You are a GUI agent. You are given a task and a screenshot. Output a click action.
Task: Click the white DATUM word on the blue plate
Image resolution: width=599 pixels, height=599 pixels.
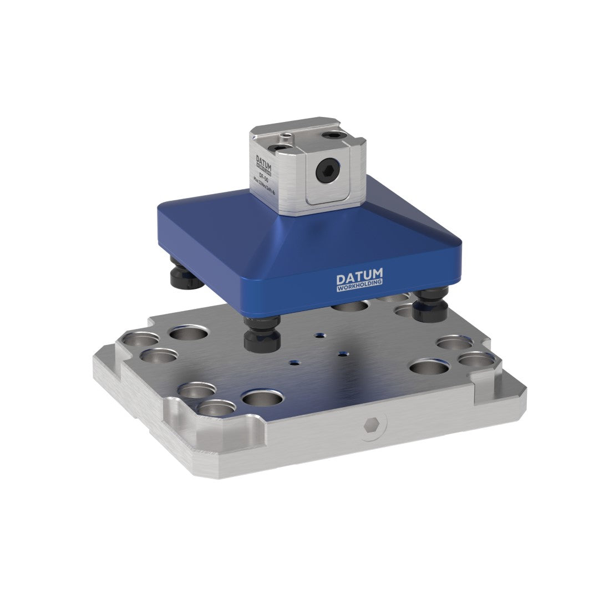[359, 277]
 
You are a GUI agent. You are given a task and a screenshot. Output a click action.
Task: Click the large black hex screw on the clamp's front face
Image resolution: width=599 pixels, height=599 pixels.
[325, 172]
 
